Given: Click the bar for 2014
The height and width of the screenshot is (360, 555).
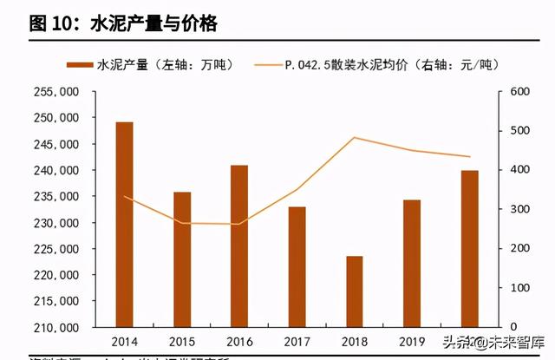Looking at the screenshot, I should click(x=125, y=225).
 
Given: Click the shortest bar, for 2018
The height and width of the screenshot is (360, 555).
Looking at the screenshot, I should click(x=354, y=291).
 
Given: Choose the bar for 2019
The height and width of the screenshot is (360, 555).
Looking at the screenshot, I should click(x=411, y=264).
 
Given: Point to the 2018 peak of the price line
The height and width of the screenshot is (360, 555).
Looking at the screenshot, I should click(x=354, y=137).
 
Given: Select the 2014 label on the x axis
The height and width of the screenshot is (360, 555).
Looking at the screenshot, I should click(x=125, y=341).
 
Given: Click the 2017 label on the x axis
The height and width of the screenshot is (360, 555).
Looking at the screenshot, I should click(x=297, y=341).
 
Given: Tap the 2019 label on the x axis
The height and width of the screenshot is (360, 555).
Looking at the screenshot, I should click(x=411, y=341).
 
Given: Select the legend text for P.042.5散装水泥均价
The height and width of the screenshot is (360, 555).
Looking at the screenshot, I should click(x=390, y=64).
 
